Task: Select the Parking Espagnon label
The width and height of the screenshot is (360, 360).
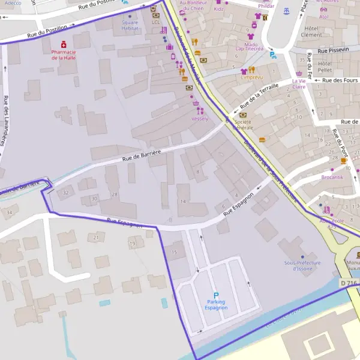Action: pyautogui.click(x=215, y=304)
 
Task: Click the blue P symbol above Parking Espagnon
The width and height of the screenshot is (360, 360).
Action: pyautogui.click(x=216, y=295)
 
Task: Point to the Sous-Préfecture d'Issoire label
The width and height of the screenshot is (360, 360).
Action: pyautogui.click(x=302, y=265)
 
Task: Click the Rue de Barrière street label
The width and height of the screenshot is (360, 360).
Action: pyautogui.click(x=142, y=155)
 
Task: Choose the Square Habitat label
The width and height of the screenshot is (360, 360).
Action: pyautogui.click(x=130, y=26)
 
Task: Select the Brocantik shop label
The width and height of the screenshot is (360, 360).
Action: pyautogui.click(x=332, y=177)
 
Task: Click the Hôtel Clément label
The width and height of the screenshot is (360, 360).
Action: pyautogui.click(x=311, y=32)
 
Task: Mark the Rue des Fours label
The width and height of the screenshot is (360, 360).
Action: pyautogui.click(x=340, y=80)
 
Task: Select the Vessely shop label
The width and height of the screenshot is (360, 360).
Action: pyautogui.click(x=199, y=119)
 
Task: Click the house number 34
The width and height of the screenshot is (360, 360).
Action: pyautogui.click(x=8, y=212)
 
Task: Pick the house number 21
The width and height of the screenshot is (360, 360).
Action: pyautogui.click(x=96, y=238)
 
